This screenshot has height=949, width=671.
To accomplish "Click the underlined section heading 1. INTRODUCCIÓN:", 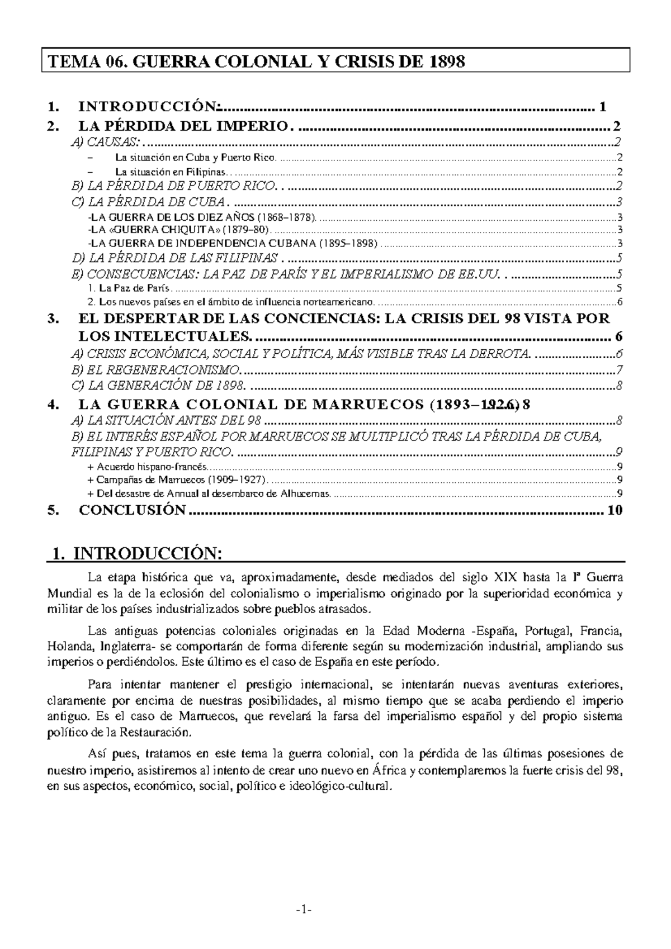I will pyautogui.click(x=136, y=553).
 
